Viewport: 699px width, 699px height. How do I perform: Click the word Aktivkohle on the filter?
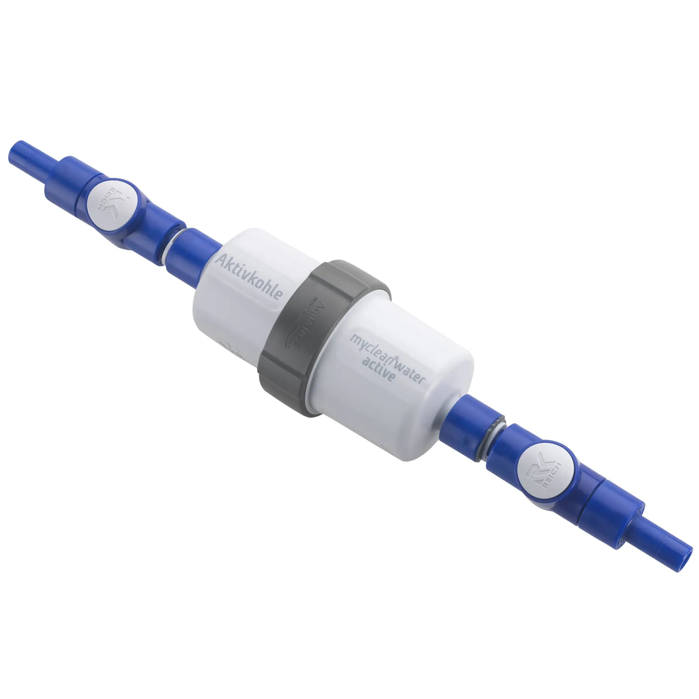(249, 276)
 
